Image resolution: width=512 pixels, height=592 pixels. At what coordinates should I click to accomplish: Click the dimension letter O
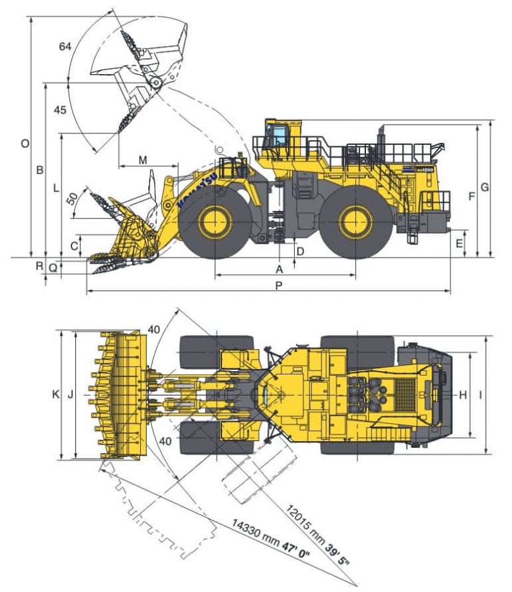(x=25, y=143)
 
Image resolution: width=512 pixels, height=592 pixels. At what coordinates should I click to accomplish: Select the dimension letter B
(x=40, y=170)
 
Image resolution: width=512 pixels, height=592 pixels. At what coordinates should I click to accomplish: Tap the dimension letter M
(x=143, y=160)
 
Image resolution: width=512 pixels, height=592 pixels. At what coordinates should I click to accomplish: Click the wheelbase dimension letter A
(x=279, y=269)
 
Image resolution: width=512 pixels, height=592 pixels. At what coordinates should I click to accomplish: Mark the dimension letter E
(x=459, y=244)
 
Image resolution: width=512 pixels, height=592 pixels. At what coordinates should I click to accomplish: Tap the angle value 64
(x=65, y=46)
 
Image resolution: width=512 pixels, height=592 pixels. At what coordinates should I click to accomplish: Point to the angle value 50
(x=71, y=198)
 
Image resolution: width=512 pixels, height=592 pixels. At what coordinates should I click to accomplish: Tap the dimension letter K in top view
(x=56, y=394)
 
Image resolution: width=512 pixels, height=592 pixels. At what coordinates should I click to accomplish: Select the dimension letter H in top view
(x=463, y=394)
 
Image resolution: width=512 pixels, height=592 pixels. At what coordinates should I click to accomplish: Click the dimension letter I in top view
(x=480, y=394)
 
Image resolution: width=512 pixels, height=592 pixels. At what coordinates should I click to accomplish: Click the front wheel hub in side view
(x=215, y=222)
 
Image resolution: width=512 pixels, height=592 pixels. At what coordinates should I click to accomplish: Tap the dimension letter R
(x=40, y=266)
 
